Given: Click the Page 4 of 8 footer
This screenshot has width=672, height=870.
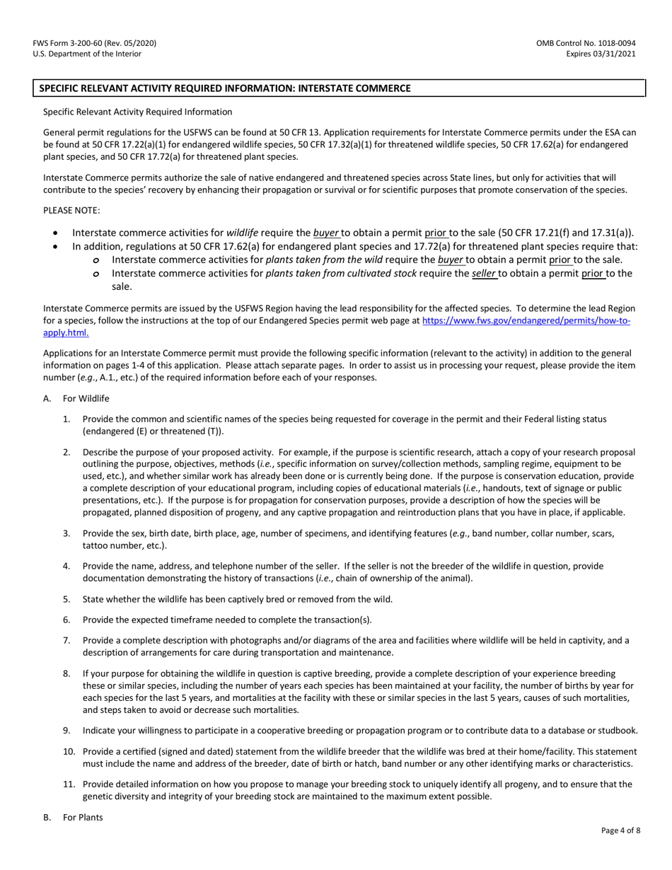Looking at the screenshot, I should (x=620, y=830).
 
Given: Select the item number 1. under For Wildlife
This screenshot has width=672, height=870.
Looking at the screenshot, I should (x=66, y=419).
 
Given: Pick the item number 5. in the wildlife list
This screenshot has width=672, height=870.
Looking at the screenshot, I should (x=66, y=599).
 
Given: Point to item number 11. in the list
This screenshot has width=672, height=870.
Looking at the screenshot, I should (x=69, y=784).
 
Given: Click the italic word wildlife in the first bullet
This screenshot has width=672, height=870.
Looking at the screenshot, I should (x=242, y=233).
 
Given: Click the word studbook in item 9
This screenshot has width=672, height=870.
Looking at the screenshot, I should (x=618, y=731).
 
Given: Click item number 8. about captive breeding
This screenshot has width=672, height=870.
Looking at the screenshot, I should (x=66, y=674).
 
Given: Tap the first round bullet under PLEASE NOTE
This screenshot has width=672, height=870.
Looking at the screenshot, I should (x=57, y=233).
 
